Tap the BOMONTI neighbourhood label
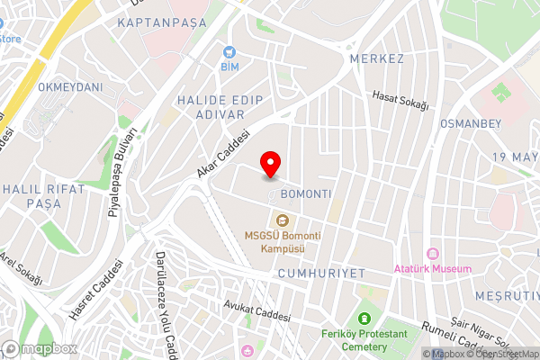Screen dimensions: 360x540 pyautogui.click(x=306, y=194)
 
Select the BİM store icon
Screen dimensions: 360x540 pyautogui.click(x=229, y=54)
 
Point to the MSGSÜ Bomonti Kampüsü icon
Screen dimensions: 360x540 pyautogui.click(x=282, y=219)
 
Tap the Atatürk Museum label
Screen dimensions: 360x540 pyautogui.click(x=433, y=269)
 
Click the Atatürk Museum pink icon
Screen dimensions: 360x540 pyautogui.click(x=433, y=255)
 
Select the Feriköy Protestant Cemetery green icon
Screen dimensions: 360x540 pyautogui.click(x=364, y=319)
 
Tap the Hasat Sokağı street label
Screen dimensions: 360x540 pyautogui.click(x=400, y=101)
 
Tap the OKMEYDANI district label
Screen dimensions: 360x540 pyautogui.click(x=71, y=87)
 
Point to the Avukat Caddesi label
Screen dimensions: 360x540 pyautogui.click(x=259, y=311)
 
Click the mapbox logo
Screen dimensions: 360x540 pyautogui.click(x=40, y=348)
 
